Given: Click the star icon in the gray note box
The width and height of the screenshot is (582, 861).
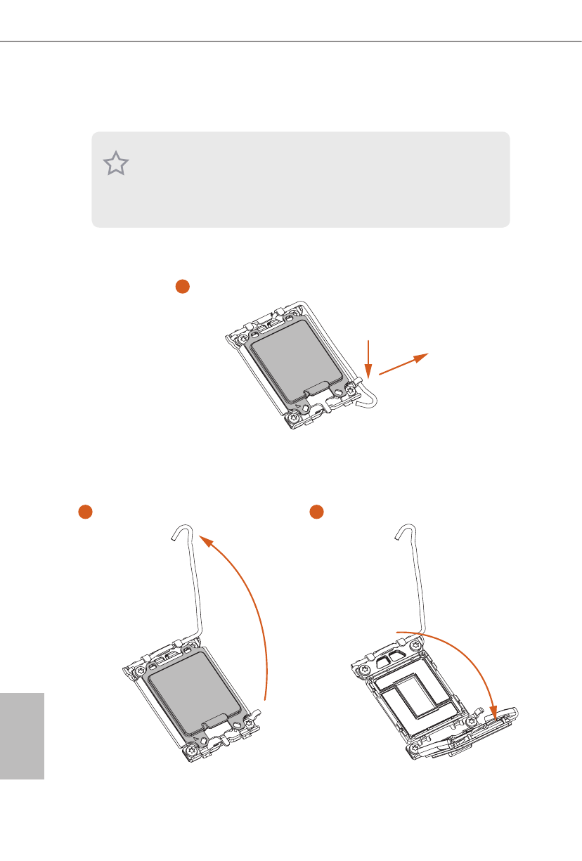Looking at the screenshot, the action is pyautogui.click(x=117, y=164).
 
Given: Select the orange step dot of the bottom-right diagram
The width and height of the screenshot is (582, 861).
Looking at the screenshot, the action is pyautogui.click(x=316, y=512).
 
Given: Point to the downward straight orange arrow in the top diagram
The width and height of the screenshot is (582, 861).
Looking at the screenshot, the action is pyautogui.click(x=367, y=358).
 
